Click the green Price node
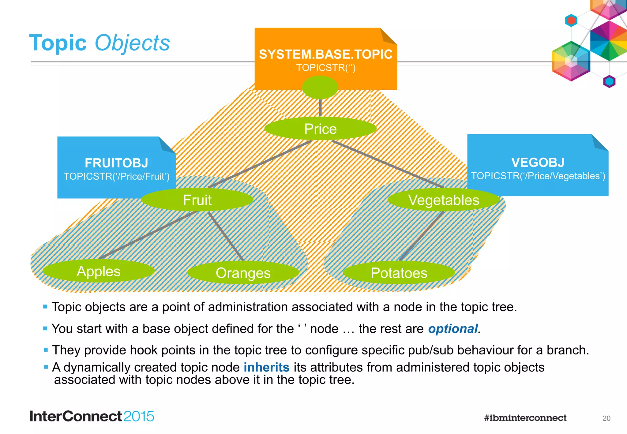[320, 129]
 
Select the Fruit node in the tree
[197, 200]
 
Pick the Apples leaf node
[98, 271]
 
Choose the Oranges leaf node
[243, 273]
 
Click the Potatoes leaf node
[399, 273]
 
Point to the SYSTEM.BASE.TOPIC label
[325, 54]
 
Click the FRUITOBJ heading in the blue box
[116, 163]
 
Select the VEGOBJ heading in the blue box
[538, 163]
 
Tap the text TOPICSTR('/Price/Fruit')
[116, 177]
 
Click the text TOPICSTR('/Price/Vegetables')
[538, 176]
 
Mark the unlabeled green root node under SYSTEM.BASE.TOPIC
[320, 87]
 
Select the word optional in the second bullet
[453, 329]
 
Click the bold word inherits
[266, 367]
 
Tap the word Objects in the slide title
[132, 43]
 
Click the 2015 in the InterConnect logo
[139, 417]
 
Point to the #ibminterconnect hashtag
[525, 418]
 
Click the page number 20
[606, 418]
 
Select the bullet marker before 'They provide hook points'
[46, 350]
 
